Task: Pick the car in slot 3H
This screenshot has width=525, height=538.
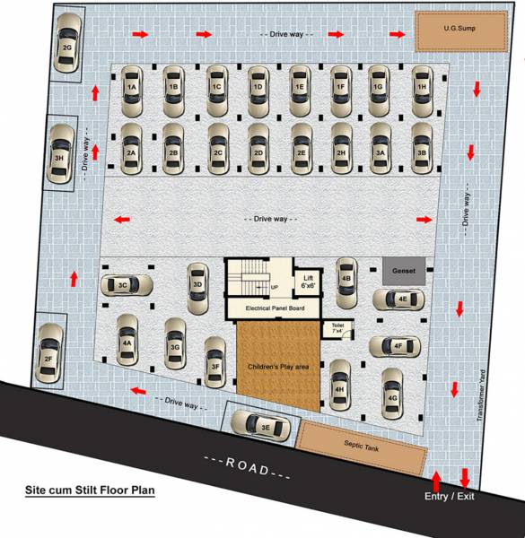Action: (61, 156)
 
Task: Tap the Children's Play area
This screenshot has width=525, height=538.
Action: (276, 368)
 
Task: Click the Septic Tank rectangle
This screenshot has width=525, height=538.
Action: (362, 444)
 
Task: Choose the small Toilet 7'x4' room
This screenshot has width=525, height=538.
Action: (339, 327)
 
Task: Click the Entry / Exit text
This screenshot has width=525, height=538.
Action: (451, 497)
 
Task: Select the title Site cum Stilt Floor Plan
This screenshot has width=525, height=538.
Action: (89, 490)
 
